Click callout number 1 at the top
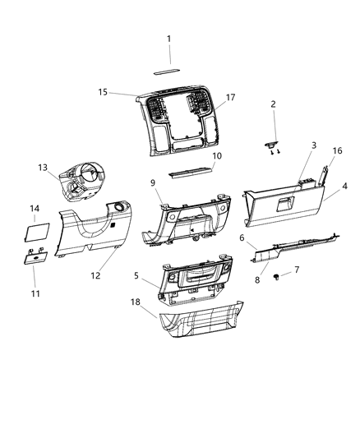168,39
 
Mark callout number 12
95,275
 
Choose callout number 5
136,275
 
